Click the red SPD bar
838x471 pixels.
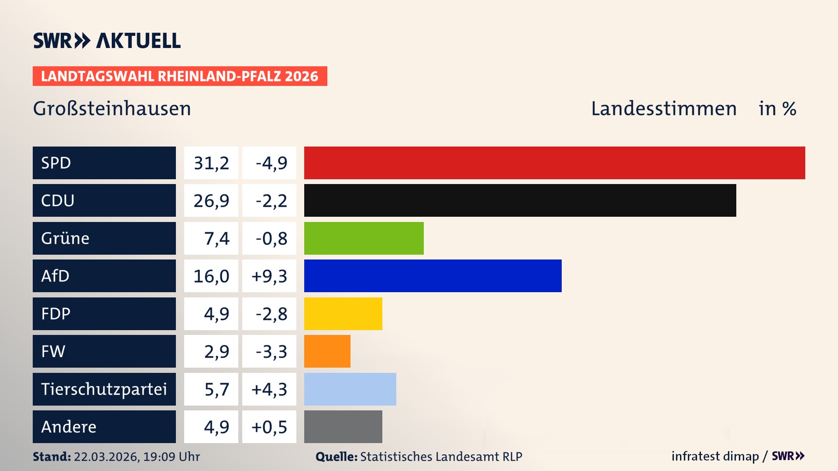[x=554, y=163]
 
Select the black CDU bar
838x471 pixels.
[x=520, y=201]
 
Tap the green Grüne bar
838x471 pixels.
[x=364, y=238]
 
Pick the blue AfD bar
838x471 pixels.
[x=433, y=276]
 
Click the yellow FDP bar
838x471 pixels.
[x=343, y=314]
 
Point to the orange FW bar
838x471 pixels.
[x=327, y=351]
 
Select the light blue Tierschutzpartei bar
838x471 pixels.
[x=350, y=389]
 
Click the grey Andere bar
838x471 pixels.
[x=343, y=427]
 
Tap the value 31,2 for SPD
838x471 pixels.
[x=211, y=163]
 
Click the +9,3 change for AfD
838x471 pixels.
[x=269, y=276]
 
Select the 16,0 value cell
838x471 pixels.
[x=211, y=276]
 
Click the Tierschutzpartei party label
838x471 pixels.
[x=104, y=389]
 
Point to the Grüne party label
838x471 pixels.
[x=65, y=238]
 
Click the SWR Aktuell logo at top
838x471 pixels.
[x=107, y=41]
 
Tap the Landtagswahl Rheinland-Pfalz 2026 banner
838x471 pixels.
[x=179, y=76]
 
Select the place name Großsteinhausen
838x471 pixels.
[x=112, y=109]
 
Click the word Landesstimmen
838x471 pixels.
[x=663, y=109]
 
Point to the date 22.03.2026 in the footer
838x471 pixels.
[x=106, y=457]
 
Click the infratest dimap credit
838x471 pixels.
[x=715, y=456]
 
